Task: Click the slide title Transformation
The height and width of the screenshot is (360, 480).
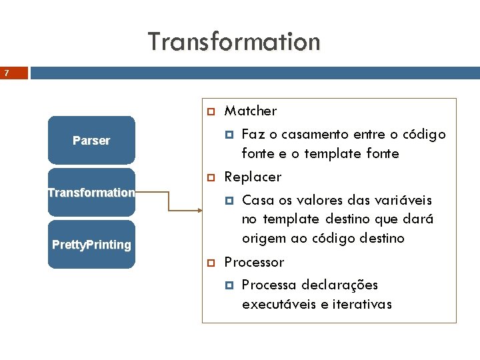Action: click(x=234, y=41)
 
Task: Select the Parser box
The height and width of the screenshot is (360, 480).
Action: click(x=91, y=140)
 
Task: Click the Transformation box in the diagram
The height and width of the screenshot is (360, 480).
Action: click(x=91, y=193)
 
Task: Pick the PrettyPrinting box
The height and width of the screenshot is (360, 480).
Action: click(x=91, y=245)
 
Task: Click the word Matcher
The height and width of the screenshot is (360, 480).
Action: click(x=250, y=111)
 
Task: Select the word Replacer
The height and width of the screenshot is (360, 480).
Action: click(x=253, y=177)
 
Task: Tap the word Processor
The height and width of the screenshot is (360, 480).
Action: click(x=254, y=262)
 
